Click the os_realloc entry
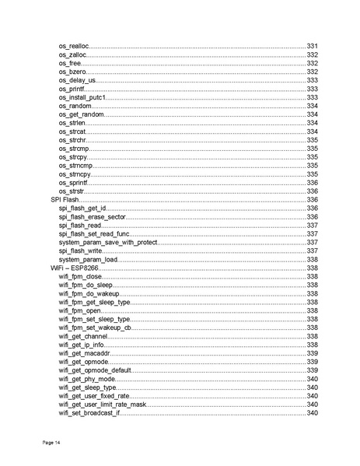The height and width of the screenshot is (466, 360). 73,47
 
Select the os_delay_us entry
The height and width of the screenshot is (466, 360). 77,80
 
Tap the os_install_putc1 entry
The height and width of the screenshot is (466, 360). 82,97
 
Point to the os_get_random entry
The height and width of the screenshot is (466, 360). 81,114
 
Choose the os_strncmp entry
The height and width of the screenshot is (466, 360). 75,166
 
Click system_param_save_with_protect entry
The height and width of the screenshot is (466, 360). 108,242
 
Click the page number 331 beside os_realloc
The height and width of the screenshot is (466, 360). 312,47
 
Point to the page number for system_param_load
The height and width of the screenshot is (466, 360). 312,259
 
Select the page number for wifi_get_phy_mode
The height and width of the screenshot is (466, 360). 312,379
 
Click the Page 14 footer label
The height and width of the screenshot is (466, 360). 51,443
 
